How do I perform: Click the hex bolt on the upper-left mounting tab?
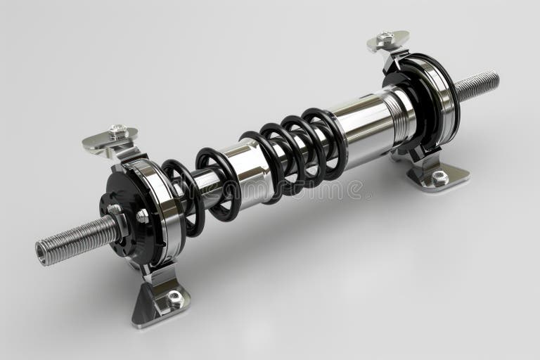pos(118,131)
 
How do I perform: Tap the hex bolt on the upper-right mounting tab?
pos(385,37)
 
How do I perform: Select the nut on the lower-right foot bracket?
pos(440,178)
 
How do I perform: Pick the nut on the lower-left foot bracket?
pos(174,299)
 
